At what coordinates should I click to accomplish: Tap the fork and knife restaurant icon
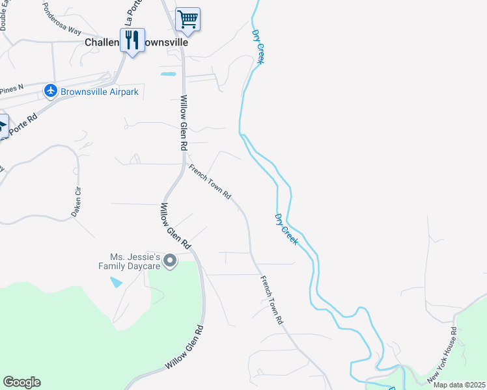pos(133,40)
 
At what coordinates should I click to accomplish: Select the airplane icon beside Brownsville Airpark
pos(50,92)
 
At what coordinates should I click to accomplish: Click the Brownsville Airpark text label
pos(99,92)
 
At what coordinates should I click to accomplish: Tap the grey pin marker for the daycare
pos(170,261)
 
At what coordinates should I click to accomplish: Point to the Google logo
pos(21,382)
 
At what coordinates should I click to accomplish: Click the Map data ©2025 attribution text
pos(459,385)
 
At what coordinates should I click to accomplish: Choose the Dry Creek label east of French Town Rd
pos(286,229)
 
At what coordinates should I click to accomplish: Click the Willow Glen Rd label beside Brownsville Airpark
pos(184,122)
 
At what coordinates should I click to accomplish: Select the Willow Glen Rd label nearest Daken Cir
pos(174,226)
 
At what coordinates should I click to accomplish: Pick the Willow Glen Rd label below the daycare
pos(184,347)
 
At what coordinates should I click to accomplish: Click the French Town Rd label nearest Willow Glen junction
pos(210,181)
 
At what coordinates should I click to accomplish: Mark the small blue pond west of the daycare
pos(117,282)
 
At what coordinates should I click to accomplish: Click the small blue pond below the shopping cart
pos(168,74)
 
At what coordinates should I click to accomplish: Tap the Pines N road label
pos(12,87)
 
